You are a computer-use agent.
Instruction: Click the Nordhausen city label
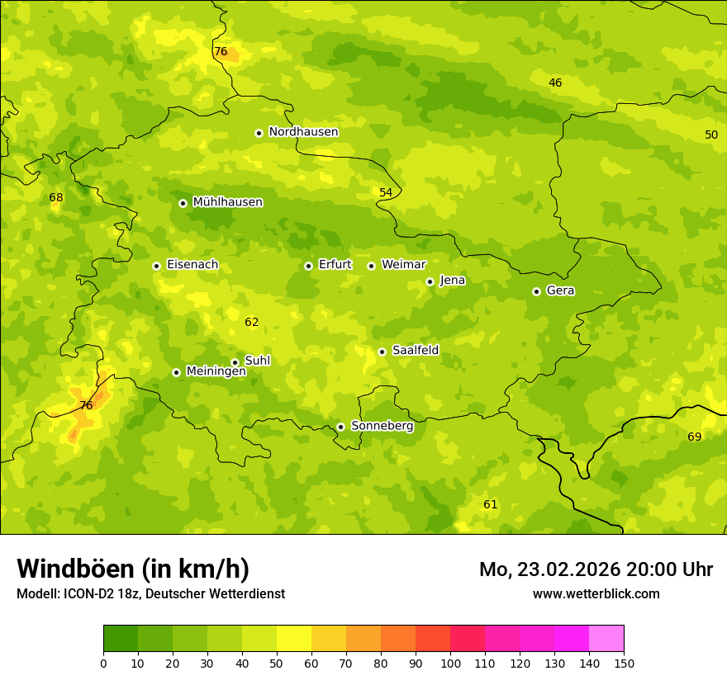pos(303,132)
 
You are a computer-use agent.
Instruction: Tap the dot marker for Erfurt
pos(308,266)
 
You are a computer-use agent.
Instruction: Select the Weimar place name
pos(403,265)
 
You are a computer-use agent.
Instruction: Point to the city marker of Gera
pos(536,291)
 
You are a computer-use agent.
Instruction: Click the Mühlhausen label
pos(227,202)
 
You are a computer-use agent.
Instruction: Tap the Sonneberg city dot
pos(340,427)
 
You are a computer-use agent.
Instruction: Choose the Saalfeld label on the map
pos(416,351)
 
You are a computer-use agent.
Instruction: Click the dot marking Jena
pos(430,281)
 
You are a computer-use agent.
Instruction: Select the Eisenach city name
pos(192,265)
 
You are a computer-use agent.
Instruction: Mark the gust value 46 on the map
pos(555,83)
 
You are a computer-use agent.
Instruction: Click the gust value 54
pos(386,192)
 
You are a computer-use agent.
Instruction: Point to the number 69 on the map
pos(694,437)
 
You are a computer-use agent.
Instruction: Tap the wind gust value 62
pos(252,322)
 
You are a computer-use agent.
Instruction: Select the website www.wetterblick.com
pos(596,594)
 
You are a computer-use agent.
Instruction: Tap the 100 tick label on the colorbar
pos(450,663)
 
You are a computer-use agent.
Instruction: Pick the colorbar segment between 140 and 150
pos(606,638)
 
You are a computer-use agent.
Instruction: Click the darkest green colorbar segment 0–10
pos(121,638)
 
